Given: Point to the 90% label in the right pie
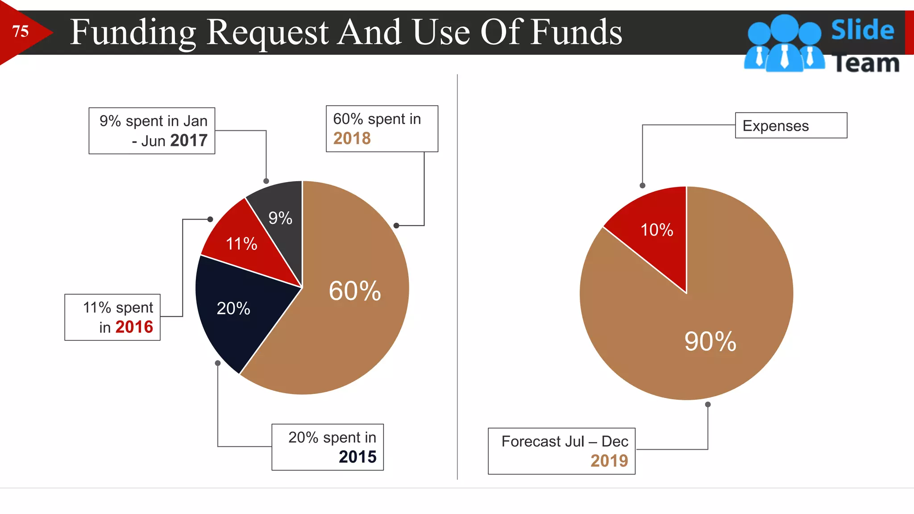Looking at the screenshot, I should (x=710, y=341).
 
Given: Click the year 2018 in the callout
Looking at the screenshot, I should (x=352, y=138).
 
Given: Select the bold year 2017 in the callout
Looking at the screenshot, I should (x=189, y=141).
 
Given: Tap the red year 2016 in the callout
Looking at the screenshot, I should (x=134, y=327).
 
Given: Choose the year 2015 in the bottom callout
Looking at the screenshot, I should (x=357, y=457).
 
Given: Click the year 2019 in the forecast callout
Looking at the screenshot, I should (x=609, y=460).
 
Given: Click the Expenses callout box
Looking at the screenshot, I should (x=790, y=125).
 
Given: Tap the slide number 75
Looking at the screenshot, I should (x=21, y=31).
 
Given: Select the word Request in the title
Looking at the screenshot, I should (x=268, y=32).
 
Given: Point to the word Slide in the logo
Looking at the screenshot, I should (x=862, y=30).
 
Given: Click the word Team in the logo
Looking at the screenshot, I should (x=866, y=63).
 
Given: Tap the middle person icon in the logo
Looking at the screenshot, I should (x=784, y=45).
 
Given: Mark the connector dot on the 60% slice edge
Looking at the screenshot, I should (x=396, y=226).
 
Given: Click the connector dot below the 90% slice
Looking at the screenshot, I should (x=708, y=405).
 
